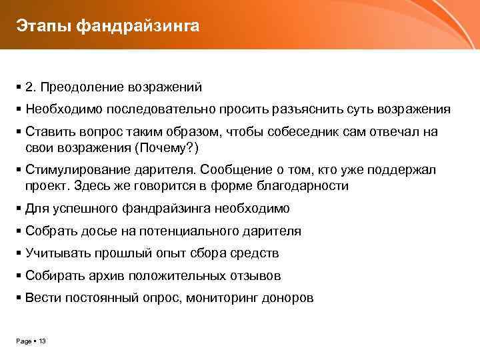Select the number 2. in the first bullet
[31, 87]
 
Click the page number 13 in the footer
[43, 341]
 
